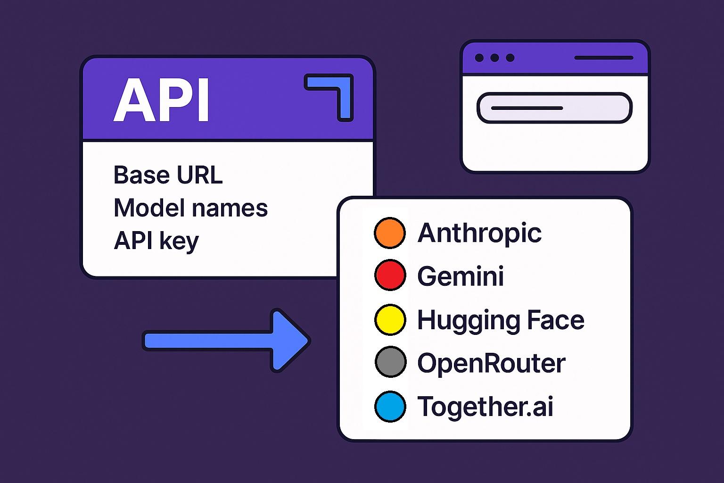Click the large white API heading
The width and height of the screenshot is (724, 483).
pyautogui.click(x=161, y=100)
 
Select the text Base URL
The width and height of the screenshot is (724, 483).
pyautogui.click(x=168, y=175)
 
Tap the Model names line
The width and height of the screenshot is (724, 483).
pyautogui.click(x=190, y=208)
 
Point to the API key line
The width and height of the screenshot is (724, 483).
pyautogui.click(x=156, y=241)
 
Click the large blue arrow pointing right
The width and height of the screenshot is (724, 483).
pyautogui.click(x=226, y=340)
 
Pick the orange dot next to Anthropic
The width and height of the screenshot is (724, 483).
pyautogui.click(x=390, y=233)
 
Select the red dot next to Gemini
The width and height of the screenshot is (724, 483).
pyautogui.click(x=390, y=275)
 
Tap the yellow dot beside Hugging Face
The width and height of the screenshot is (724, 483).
pyautogui.click(x=390, y=319)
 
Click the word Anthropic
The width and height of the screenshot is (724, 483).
pyautogui.click(x=479, y=233)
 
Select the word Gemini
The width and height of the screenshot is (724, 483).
pyautogui.click(x=461, y=276)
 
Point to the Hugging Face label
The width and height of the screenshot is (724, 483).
pyautogui.click(x=501, y=320)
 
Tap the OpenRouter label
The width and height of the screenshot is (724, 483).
pyautogui.click(x=491, y=363)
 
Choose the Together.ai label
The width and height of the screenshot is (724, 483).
pyautogui.click(x=485, y=406)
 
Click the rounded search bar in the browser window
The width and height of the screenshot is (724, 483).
pyautogui.click(x=554, y=108)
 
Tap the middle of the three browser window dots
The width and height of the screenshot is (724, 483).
pyautogui.click(x=494, y=58)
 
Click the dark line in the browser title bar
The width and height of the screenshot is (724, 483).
pyautogui.click(x=603, y=58)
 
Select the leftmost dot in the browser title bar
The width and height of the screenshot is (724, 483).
pyautogui.click(x=479, y=58)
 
